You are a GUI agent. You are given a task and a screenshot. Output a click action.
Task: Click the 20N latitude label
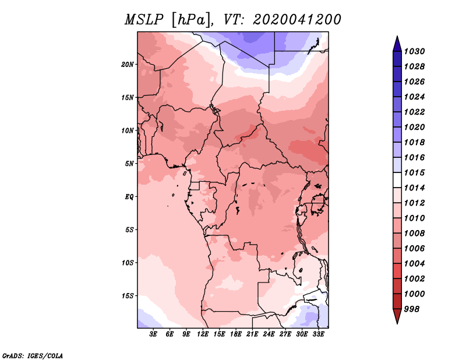point(128,64)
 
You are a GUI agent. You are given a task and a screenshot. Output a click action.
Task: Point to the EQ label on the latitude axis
point(129,196)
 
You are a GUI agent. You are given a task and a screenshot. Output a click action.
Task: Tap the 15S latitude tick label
point(128,296)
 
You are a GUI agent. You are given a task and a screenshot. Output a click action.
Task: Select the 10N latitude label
point(128,130)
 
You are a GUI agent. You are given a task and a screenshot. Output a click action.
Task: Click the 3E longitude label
point(153,334)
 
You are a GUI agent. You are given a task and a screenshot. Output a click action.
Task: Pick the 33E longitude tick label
point(318,334)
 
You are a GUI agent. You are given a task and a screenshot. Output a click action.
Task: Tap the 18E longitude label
point(236,334)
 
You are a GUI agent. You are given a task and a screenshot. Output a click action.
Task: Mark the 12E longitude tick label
point(203,334)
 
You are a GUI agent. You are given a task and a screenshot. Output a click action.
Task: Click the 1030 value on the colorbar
point(414,51)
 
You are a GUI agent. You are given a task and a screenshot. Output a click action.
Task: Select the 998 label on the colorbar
point(412,309)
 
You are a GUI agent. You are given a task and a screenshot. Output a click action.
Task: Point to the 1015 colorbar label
point(414,172)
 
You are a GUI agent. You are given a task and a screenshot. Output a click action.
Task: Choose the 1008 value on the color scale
point(414,234)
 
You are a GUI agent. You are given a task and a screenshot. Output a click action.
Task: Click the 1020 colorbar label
point(414,127)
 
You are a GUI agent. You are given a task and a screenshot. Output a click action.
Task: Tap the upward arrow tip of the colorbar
point(397,36)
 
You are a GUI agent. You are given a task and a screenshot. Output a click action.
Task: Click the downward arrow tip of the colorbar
point(397,324)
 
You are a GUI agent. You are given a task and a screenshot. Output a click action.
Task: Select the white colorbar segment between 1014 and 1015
point(397,180)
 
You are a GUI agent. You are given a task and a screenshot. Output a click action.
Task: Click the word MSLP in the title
point(144,20)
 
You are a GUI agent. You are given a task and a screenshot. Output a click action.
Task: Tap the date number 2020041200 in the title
point(297,20)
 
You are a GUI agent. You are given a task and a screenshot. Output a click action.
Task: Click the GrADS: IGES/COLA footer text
point(33,356)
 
